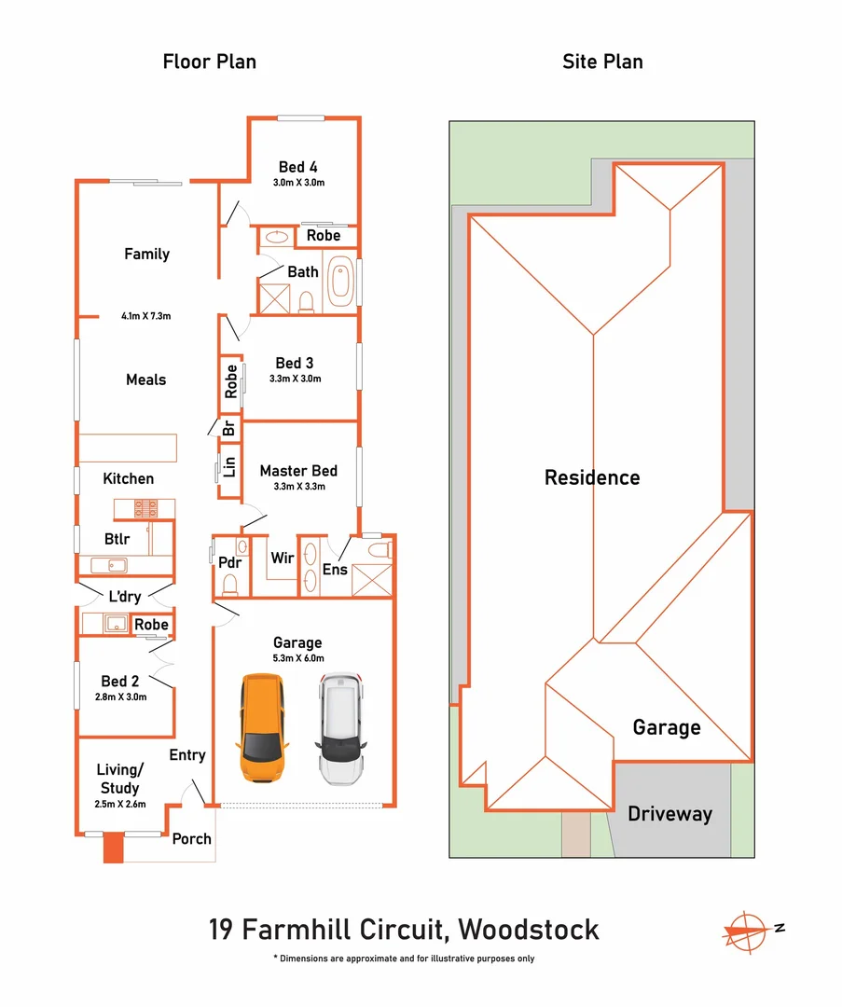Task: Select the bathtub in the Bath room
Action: [341, 281]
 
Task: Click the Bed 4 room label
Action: [298, 167]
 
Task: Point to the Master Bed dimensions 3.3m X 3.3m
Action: [298, 487]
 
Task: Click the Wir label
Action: [282, 558]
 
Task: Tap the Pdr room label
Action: [229, 562]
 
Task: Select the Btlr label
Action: [118, 539]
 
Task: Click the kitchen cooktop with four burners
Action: [145, 508]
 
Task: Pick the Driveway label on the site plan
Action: [669, 813]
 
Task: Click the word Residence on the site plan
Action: [592, 477]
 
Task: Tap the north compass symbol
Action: [746, 929]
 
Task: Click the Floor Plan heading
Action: [210, 62]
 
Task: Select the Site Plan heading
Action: [602, 62]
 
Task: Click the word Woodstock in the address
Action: [530, 929]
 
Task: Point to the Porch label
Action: [191, 838]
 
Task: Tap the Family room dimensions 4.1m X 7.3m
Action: [145, 316]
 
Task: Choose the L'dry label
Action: [125, 596]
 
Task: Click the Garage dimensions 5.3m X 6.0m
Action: [297, 657]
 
